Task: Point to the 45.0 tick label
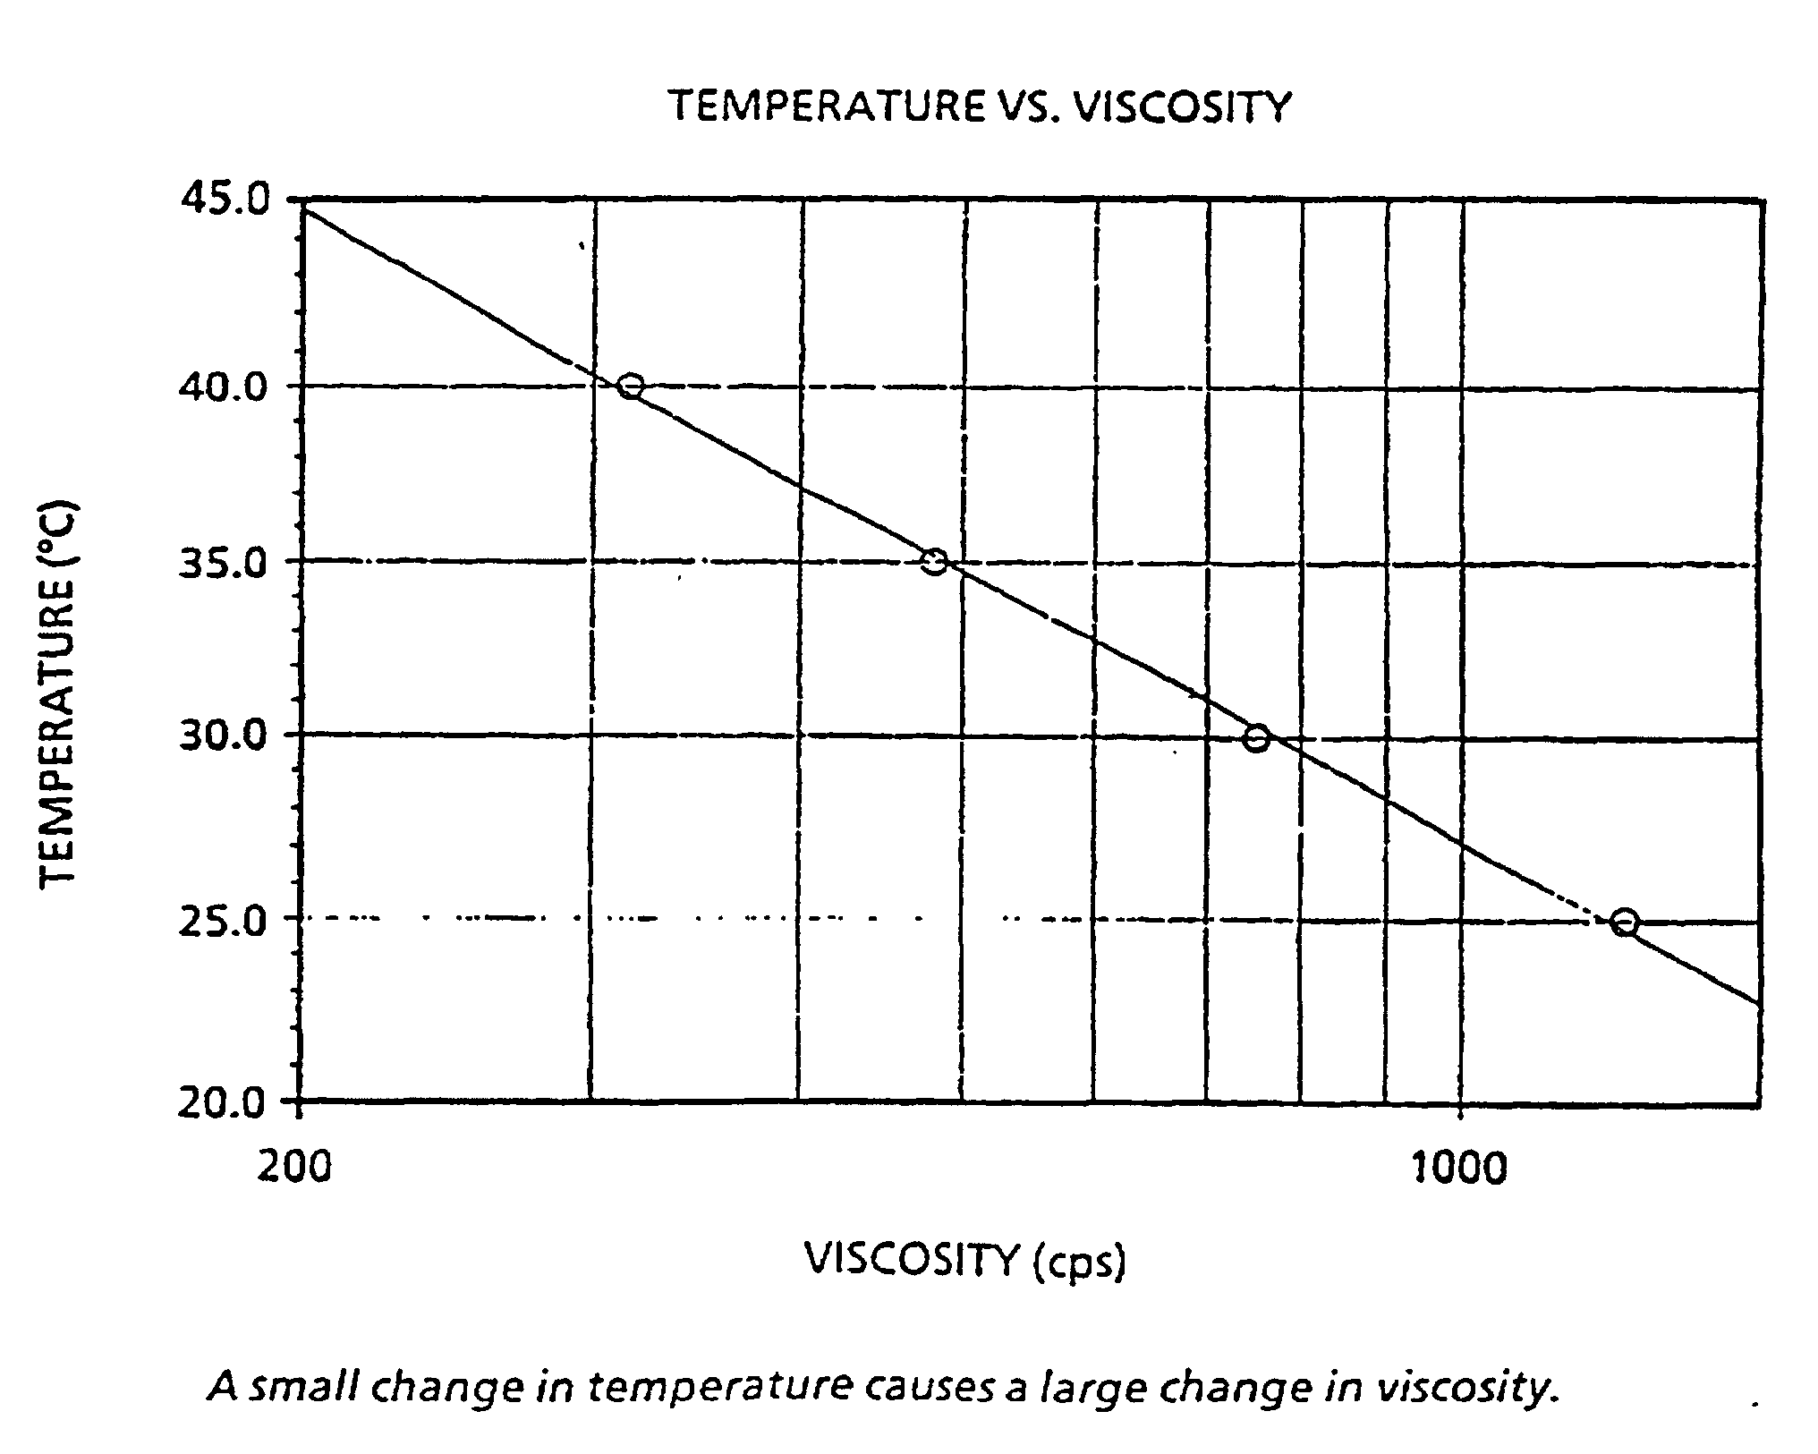pos(225,200)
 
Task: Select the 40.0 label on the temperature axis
pos(225,387)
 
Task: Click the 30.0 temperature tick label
pos(225,736)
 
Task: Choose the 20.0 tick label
pos(225,1103)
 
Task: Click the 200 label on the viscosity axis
pos(294,1167)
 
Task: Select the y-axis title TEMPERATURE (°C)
pos(59,693)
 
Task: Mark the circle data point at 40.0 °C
pos(631,387)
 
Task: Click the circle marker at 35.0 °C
pos(934,562)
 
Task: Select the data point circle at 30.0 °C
pos(1257,738)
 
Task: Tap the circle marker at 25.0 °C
pos(1626,923)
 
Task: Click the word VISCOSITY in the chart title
pos(1183,106)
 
